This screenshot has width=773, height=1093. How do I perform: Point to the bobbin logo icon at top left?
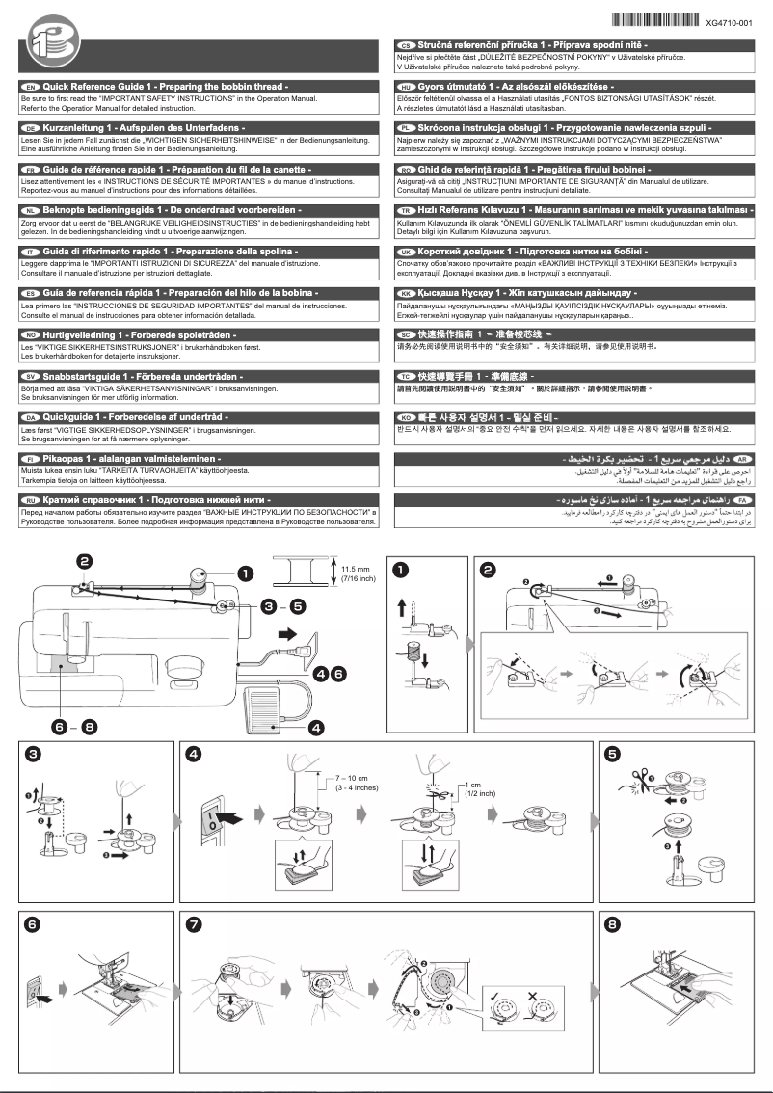coord(46,45)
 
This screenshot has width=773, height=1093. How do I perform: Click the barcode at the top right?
coord(655,20)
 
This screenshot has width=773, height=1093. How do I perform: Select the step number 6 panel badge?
coord(34,925)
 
